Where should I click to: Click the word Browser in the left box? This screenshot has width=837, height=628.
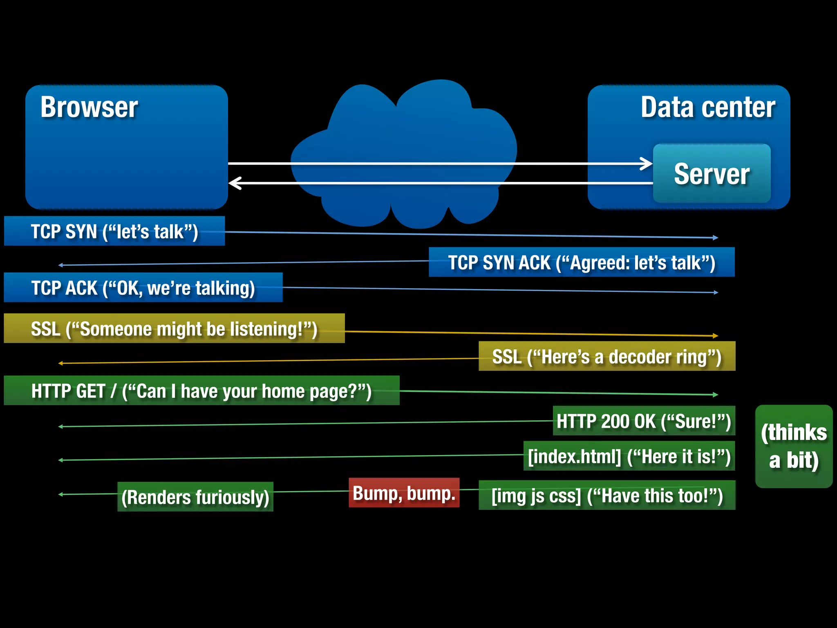pos(89,108)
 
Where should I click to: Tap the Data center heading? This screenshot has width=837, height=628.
pos(707,108)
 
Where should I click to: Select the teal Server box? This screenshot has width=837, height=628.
pos(712,174)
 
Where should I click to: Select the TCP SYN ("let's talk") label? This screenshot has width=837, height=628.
pos(114,231)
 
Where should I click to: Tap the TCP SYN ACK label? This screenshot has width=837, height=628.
pos(581,262)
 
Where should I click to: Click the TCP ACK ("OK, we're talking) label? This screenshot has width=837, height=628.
pos(143,288)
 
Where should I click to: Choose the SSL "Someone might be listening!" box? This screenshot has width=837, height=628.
pos(174,329)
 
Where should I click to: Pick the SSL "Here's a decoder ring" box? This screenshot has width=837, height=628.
pos(606,357)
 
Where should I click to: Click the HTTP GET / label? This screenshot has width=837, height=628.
pos(201,391)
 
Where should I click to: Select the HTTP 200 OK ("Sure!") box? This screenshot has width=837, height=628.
pos(644,421)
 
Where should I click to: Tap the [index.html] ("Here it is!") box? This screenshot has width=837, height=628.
pos(629,456)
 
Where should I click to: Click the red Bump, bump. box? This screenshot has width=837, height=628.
pos(404,493)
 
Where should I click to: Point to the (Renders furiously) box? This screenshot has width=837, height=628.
pos(195,497)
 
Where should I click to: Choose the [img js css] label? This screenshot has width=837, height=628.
pos(607,496)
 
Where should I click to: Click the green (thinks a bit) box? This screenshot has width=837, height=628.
pos(794,446)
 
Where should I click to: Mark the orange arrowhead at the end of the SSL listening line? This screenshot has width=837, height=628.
pos(715,336)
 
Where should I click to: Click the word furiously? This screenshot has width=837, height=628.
pos(232,497)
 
